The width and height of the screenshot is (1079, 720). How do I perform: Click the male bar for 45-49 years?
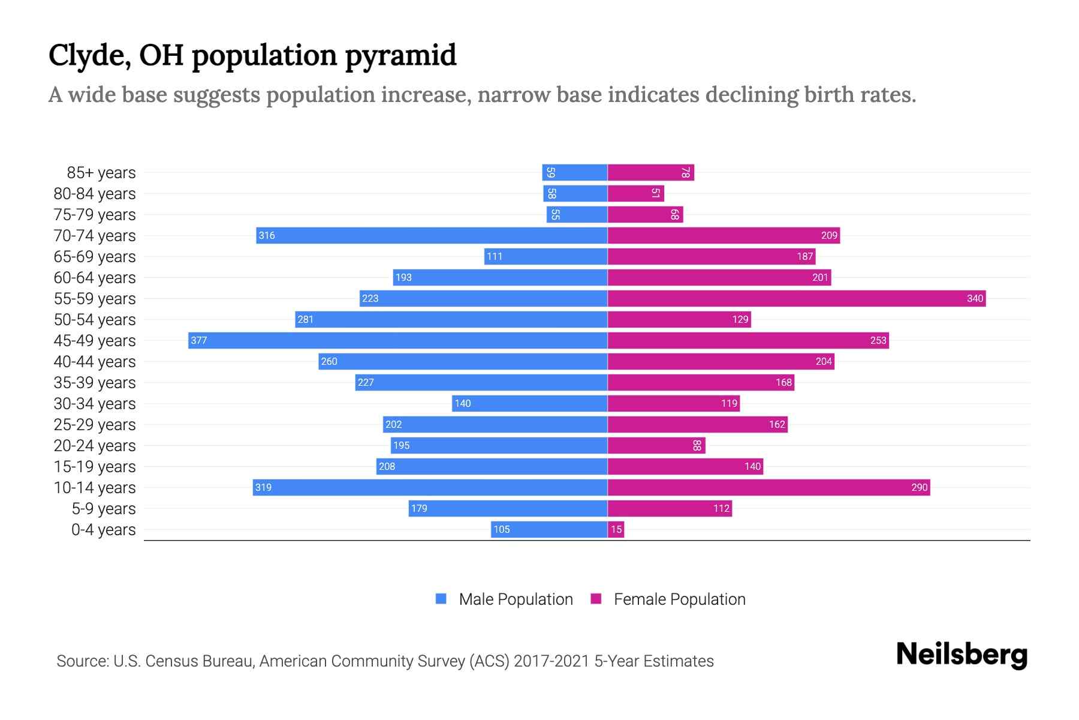point(398,340)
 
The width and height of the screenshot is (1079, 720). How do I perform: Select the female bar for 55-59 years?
point(796,298)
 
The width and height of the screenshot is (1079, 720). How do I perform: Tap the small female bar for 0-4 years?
point(616,529)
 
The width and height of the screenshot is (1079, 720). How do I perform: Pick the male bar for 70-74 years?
point(432,235)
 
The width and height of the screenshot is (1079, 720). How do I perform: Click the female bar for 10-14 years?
point(768,487)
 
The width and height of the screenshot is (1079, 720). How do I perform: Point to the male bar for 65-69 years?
point(545,256)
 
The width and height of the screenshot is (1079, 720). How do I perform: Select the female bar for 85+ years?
point(650,172)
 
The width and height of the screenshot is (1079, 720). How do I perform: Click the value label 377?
point(198,340)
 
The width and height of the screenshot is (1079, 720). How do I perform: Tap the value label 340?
point(975,298)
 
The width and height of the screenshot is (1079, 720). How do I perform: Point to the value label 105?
point(501,529)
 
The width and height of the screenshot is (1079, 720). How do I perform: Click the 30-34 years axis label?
point(95,404)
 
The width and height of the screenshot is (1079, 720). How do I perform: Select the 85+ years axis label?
point(101,173)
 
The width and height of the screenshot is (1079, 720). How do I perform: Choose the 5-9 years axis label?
point(104,509)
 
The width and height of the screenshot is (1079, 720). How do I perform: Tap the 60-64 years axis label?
point(95,278)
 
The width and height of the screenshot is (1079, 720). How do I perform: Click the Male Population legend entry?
point(516,599)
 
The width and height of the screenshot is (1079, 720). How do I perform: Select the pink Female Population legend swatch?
point(596,599)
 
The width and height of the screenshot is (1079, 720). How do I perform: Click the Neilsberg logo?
point(962,655)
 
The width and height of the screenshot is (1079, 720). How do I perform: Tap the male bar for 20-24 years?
point(499,445)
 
